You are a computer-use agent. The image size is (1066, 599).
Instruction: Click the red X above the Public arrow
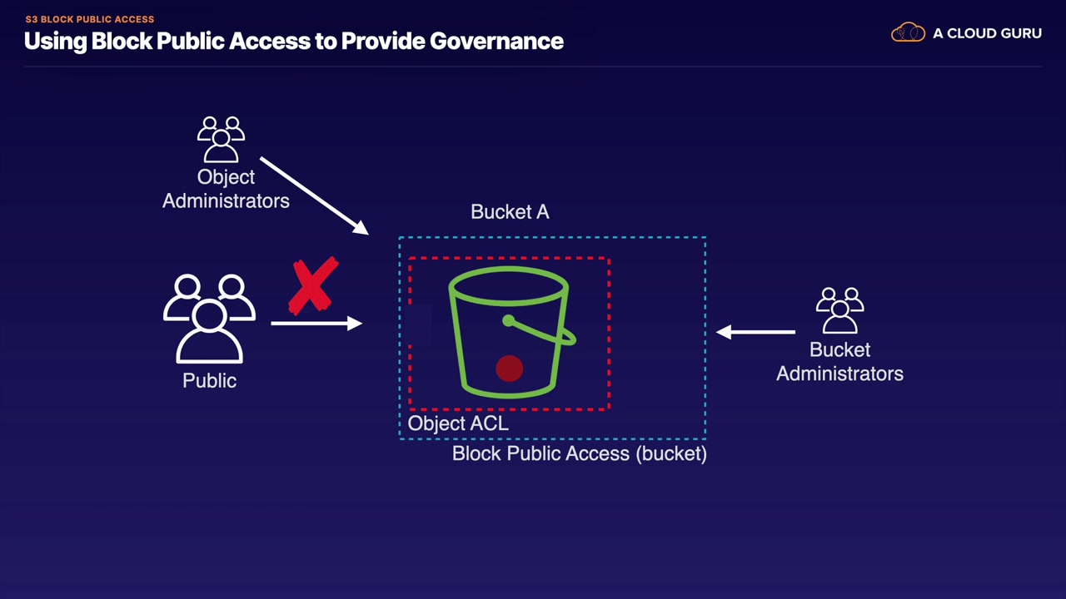point(313,286)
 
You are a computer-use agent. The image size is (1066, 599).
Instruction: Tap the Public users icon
point(209,319)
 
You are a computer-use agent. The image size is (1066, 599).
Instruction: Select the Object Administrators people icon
point(222,140)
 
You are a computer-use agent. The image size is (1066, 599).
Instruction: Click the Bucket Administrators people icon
point(839,311)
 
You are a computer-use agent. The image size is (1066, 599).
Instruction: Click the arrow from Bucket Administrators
point(755,332)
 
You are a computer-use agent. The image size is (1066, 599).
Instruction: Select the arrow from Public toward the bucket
point(316,322)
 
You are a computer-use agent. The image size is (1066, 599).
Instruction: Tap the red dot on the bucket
point(509,369)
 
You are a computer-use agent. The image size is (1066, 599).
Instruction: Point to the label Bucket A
point(510,212)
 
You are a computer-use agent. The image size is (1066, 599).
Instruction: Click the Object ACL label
point(458,423)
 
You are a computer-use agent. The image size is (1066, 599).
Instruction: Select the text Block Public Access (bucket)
point(579,453)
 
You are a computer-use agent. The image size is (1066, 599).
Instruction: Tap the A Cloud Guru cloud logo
point(908,33)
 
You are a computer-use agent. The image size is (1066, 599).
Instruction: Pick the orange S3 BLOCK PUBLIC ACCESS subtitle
point(89,19)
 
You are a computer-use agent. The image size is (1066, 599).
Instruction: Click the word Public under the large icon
point(209,381)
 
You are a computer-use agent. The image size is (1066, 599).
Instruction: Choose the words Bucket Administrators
point(839,362)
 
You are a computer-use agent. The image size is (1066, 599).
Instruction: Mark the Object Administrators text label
point(226,189)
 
